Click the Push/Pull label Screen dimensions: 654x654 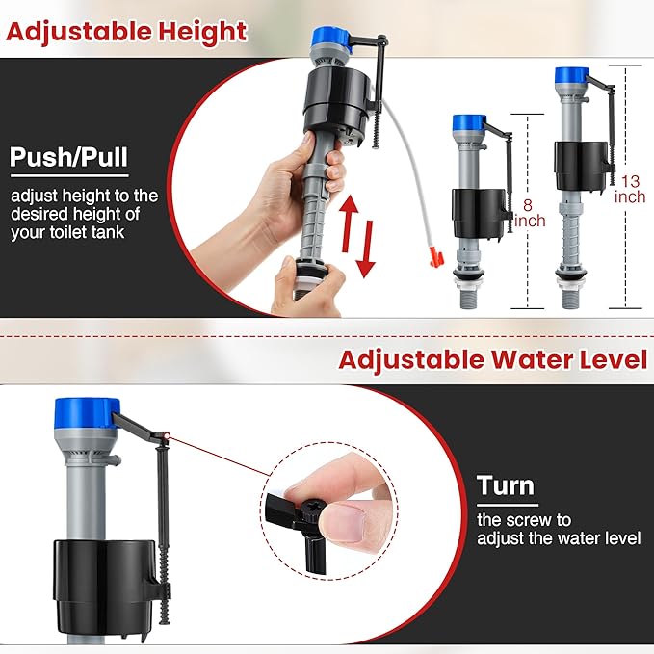67,157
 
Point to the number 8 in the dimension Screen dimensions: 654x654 528,205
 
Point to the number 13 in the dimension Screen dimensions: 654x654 630,181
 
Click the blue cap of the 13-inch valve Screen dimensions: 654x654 572,75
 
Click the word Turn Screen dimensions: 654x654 505,485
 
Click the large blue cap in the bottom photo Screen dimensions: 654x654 87,418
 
